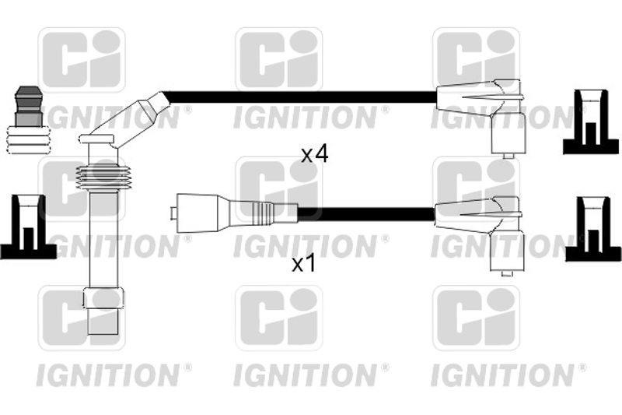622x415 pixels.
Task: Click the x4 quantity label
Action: pyautogui.click(x=315, y=154)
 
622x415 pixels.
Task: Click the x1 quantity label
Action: pyautogui.click(x=304, y=264)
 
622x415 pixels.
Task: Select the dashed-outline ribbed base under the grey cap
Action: pyautogui.click(x=30, y=140)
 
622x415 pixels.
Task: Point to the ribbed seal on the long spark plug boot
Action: pyautogui.click(x=103, y=177)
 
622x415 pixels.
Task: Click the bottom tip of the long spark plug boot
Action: pyautogui.click(x=103, y=333)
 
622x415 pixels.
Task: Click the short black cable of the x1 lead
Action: pyautogui.click(x=365, y=214)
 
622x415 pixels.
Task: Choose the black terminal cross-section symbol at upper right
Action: pyautogui.click(x=591, y=122)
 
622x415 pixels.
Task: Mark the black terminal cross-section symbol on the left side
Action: pyautogui.click(x=27, y=227)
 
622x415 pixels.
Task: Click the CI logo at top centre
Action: pyautogui.click(x=279, y=60)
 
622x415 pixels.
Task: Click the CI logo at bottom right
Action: pyautogui.click(x=476, y=318)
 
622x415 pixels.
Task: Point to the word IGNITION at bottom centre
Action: pyautogui.click(x=305, y=375)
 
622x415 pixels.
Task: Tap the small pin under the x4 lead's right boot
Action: pyautogui.click(x=508, y=156)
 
